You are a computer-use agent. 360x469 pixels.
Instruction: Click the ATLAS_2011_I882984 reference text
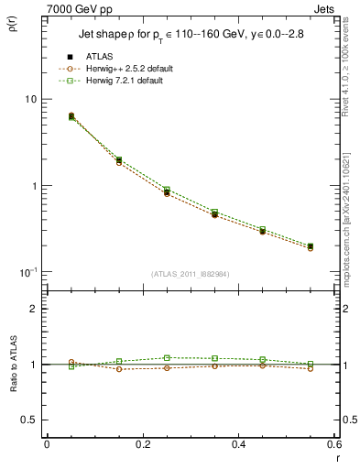pyautogui.click(x=190, y=274)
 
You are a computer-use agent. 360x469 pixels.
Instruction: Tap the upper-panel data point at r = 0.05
pyautogui.click(x=71, y=116)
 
